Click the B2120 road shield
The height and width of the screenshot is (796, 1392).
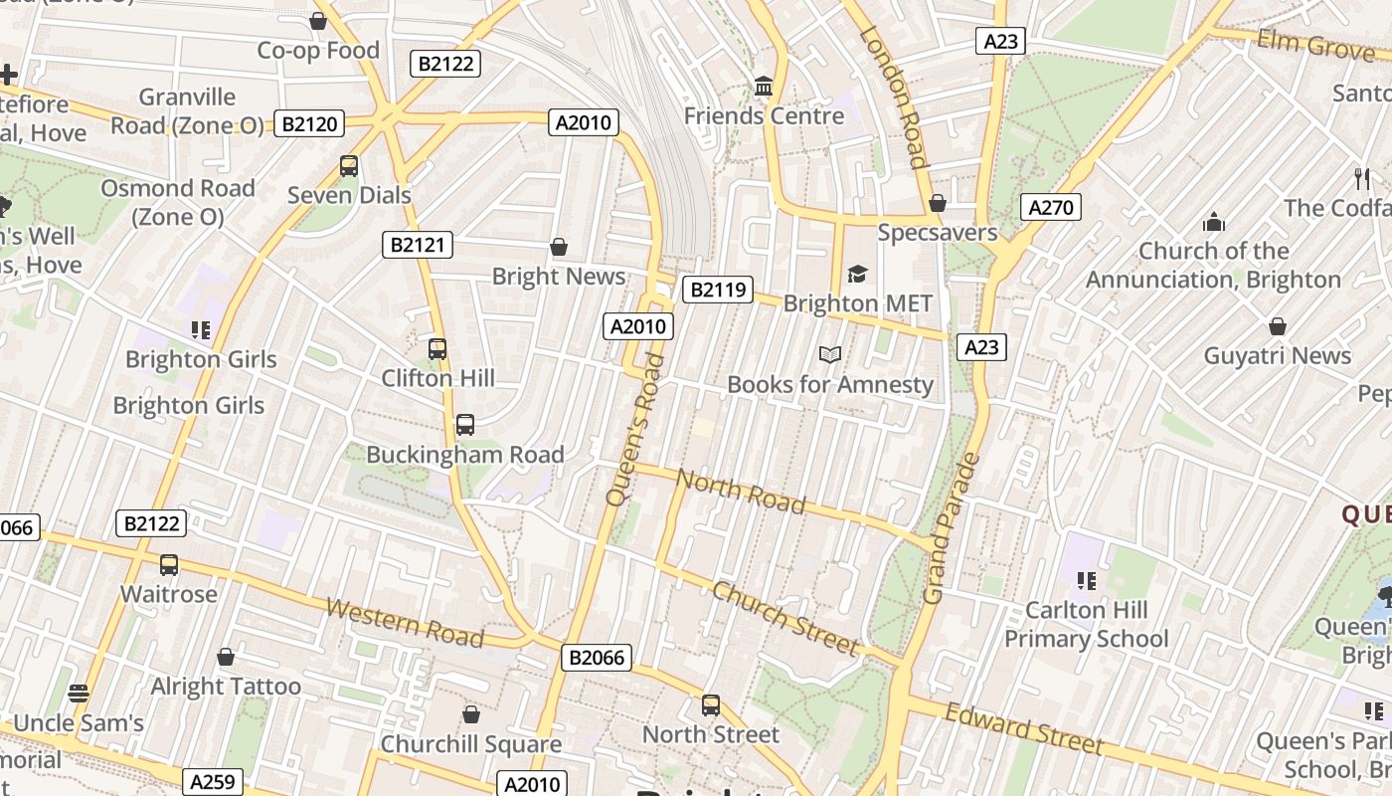pyautogui.click(x=311, y=124)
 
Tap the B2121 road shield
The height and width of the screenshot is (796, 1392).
pyautogui.click(x=418, y=245)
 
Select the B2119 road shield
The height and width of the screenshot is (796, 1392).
pyautogui.click(x=717, y=290)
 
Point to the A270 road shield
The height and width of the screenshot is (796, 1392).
pyautogui.click(x=1050, y=207)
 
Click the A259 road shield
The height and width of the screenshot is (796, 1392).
pyautogui.click(x=212, y=781)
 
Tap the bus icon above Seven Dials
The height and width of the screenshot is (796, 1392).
pyautogui.click(x=349, y=166)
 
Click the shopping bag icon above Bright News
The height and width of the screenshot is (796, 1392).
pyautogui.click(x=559, y=247)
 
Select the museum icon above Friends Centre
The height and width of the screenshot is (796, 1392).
pyautogui.click(x=764, y=87)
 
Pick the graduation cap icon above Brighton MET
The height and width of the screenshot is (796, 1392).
pyautogui.click(x=857, y=274)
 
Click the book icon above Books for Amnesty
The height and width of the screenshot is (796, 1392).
pyautogui.click(x=830, y=354)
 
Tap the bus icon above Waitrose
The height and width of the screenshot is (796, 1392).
pyautogui.click(x=169, y=565)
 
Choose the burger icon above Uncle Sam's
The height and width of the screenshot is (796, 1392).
pyautogui.click(x=79, y=693)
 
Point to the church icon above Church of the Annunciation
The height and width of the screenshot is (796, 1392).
pyautogui.click(x=1213, y=221)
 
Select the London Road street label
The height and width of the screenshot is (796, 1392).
pyautogui.click(x=893, y=97)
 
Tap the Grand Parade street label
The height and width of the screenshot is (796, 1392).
pyautogui.click(x=952, y=529)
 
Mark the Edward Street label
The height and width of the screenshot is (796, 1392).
pyautogui.click(x=1024, y=729)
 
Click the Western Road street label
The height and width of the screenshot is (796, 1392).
pyautogui.click(x=405, y=623)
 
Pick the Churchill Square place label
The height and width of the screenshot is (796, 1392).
pyautogui.click(x=471, y=744)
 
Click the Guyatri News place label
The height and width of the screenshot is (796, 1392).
pyautogui.click(x=1278, y=355)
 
